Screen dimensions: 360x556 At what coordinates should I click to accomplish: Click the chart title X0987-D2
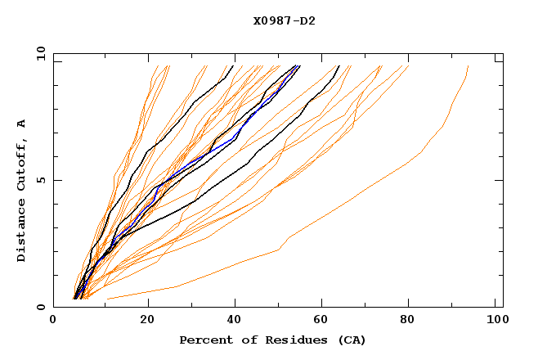[285, 21]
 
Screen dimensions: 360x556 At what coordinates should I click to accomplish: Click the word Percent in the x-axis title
[204, 340]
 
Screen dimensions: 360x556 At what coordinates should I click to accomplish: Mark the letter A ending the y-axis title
[22, 123]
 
